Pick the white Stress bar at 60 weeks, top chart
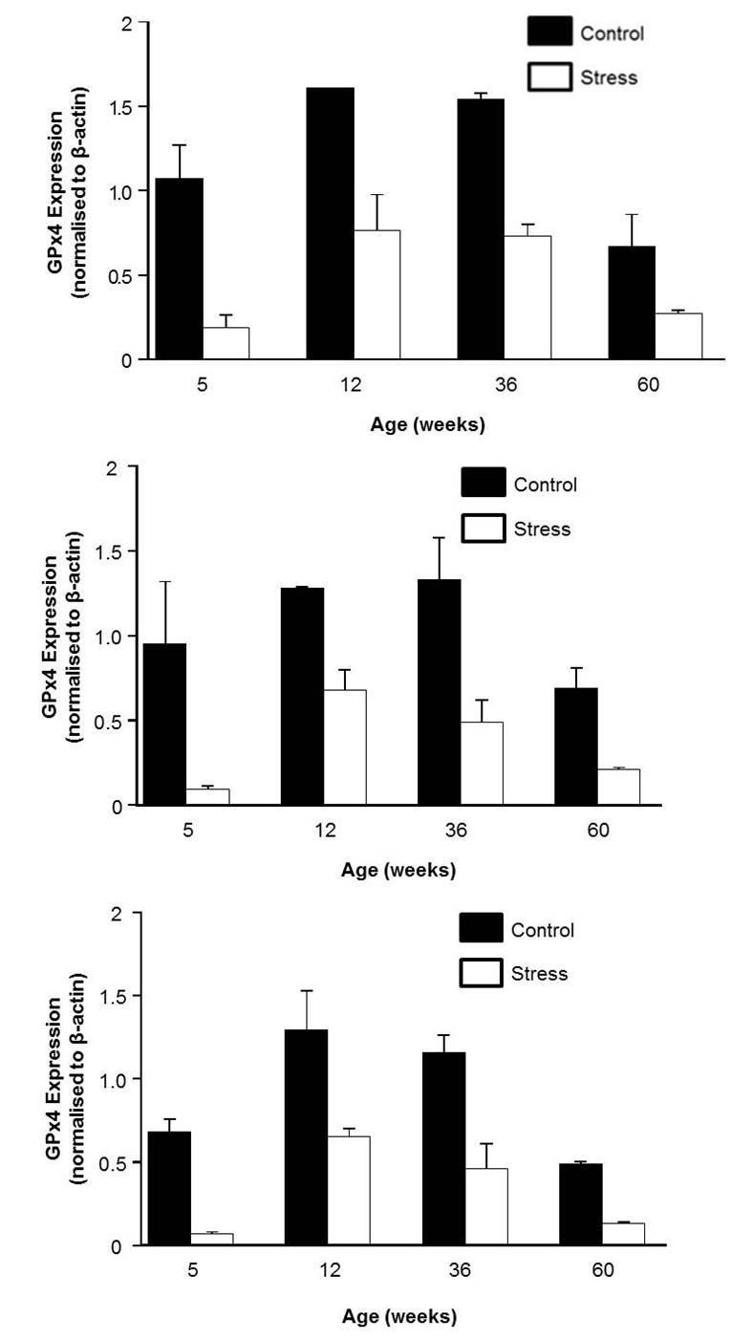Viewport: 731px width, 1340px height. point(678,335)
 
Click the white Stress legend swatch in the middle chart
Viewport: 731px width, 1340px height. point(483,528)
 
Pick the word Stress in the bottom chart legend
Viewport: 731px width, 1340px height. point(539,974)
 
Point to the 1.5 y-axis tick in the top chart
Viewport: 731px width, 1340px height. point(122,106)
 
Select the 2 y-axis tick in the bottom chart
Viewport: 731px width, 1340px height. point(118,913)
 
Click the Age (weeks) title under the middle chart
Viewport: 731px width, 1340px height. point(398,870)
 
